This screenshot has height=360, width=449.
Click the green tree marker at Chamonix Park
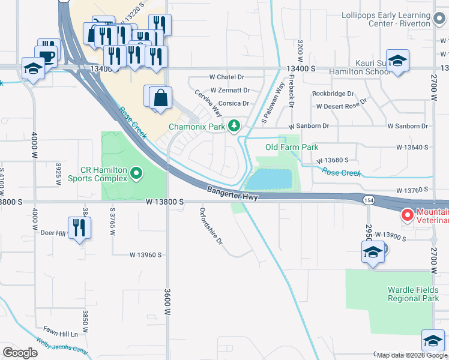pyautogui.click(x=235, y=126)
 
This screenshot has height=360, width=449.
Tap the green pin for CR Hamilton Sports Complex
pyautogui.click(x=137, y=174)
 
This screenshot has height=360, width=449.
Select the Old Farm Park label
pyautogui.click(x=292, y=147)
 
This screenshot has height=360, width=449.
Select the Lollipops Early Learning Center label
pyautogui.click(x=387, y=19)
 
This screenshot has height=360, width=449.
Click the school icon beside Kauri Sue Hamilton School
pyautogui.click(x=397, y=61)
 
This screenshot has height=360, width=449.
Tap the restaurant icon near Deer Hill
pyautogui.click(x=79, y=227)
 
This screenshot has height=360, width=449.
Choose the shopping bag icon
pyautogui.click(x=161, y=98)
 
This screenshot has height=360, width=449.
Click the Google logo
pyautogui.click(x=20, y=353)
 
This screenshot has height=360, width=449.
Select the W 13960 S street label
pyautogui.click(x=146, y=255)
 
